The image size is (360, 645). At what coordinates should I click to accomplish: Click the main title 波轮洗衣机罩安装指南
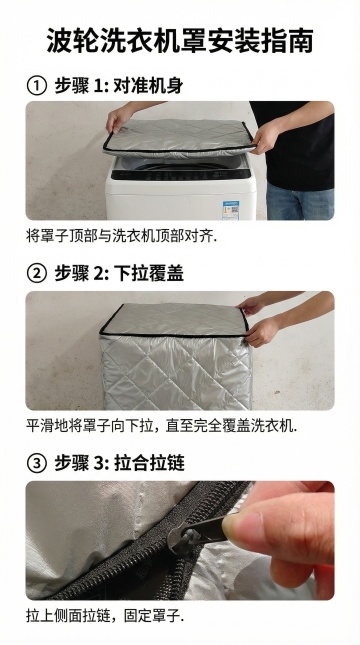click(x=180, y=41)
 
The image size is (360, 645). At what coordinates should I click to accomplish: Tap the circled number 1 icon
click(x=37, y=86)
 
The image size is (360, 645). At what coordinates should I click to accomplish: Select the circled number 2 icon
click(x=37, y=274)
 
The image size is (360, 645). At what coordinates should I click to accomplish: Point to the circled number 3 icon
click(x=37, y=463)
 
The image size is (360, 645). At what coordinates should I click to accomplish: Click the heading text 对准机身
click(x=148, y=86)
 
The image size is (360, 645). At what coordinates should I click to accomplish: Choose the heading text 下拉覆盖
click(x=148, y=274)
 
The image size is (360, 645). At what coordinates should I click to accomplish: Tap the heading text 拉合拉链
click(x=149, y=463)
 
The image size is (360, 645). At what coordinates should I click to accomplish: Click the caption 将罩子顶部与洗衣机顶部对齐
click(x=121, y=236)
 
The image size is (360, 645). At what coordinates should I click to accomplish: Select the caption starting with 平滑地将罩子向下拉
click(x=161, y=425)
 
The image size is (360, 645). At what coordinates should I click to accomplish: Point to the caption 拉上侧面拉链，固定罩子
click(x=105, y=616)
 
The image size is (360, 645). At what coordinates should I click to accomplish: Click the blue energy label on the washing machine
click(x=231, y=210)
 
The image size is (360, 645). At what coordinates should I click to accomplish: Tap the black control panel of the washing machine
click(x=181, y=175)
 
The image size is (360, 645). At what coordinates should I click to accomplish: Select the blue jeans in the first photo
click(x=300, y=202)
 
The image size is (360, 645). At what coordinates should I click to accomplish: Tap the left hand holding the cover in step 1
click(x=118, y=119)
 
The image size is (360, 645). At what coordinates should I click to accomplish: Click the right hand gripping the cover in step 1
click(x=265, y=137)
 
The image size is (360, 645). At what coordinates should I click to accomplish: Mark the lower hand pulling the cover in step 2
click(x=261, y=332)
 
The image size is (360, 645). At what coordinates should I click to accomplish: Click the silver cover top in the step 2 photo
click(x=175, y=320)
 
